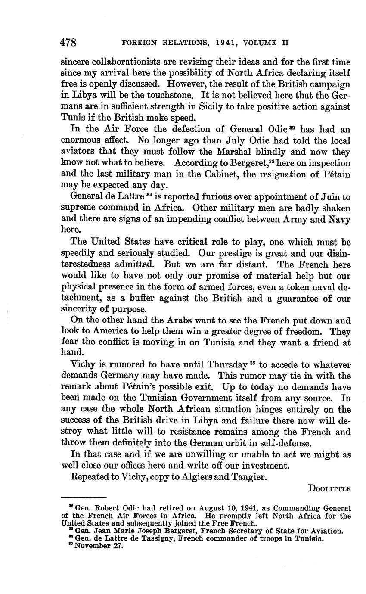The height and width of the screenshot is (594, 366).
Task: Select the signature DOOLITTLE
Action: pyautogui.click(x=329, y=488)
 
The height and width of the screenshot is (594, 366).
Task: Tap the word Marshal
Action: pyautogui.click(x=238, y=152)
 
